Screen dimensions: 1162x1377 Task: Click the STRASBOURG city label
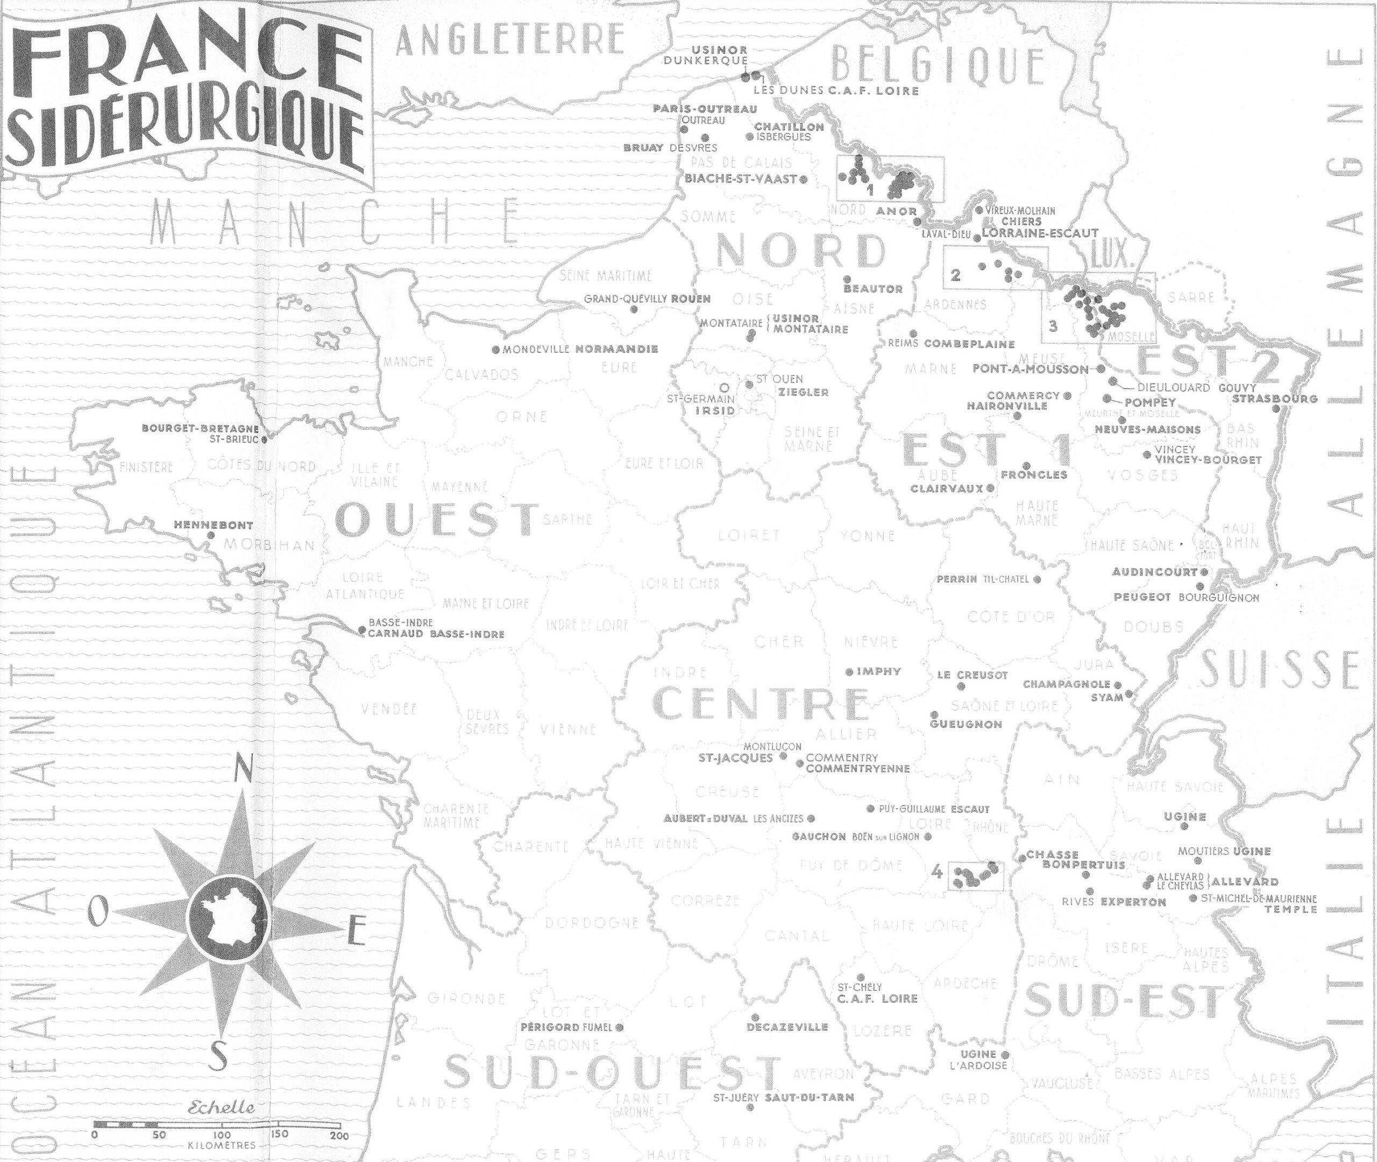coord(1275,399)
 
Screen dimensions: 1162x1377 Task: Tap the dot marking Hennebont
coord(211,536)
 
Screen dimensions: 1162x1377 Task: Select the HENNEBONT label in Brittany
coord(214,525)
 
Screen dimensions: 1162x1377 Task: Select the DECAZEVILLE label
coord(787,1026)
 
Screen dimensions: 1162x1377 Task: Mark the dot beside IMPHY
coord(849,672)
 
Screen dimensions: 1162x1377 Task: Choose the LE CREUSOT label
coord(972,675)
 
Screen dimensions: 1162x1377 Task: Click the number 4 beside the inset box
coord(938,872)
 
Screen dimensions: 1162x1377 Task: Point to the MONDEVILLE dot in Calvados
coord(496,350)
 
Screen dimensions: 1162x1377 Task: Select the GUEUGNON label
coord(966,724)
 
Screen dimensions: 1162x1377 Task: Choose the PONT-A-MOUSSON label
coord(1031,369)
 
